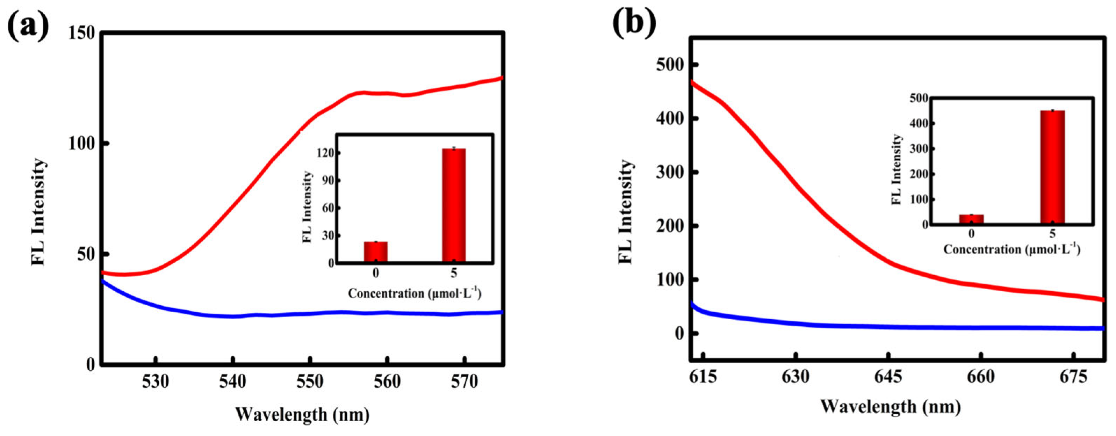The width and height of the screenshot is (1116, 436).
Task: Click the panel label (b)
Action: [634, 24]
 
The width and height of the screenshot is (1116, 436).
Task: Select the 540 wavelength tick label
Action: [233, 381]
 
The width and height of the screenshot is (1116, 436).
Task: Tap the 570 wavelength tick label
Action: [464, 381]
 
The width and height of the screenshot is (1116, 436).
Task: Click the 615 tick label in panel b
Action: [702, 377]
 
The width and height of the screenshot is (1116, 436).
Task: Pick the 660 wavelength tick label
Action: [981, 377]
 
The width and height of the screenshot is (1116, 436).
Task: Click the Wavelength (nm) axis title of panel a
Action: [302, 414]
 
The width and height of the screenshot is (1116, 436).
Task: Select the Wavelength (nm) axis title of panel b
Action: [890, 407]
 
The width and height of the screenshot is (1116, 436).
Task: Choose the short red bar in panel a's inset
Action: [376, 252]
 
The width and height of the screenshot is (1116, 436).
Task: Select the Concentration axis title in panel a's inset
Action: [415, 293]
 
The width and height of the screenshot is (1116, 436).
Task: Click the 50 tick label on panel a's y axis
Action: [86, 254]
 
